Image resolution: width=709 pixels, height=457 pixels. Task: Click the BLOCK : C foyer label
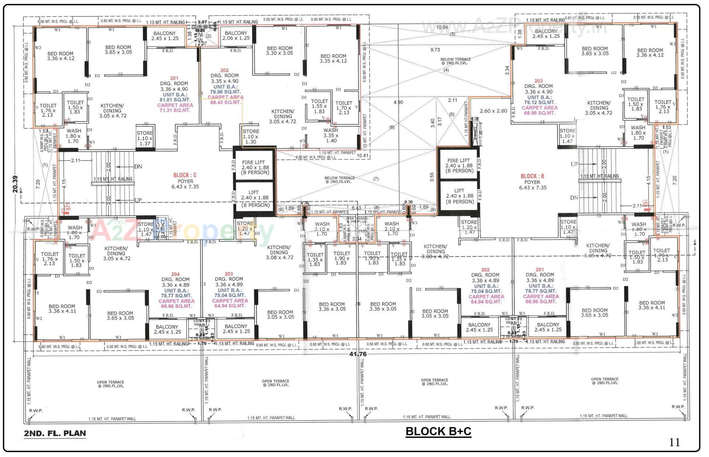(185, 175)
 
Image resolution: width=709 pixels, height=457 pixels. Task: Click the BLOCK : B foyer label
(532, 176)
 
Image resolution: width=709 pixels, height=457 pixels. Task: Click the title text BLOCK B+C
(438, 431)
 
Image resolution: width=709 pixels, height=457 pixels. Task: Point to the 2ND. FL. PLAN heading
(55, 433)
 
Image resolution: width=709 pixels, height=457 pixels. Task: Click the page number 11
(674, 443)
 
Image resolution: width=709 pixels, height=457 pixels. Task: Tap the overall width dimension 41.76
(358, 354)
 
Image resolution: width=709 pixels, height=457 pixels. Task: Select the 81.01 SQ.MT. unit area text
(175, 100)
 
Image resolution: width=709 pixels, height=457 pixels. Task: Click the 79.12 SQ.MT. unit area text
(539, 102)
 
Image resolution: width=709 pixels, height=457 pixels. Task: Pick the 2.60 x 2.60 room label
(493, 111)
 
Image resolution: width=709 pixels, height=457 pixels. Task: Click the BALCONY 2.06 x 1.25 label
(236, 35)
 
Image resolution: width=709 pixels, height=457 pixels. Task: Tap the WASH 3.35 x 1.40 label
(330, 135)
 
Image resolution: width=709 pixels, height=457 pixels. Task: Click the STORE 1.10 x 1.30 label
(251, 136)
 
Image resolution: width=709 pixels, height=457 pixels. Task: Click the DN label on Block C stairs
(138, 167)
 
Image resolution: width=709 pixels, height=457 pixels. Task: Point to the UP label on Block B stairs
(574, 164)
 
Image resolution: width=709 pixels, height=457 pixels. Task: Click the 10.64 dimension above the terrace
(442, 27)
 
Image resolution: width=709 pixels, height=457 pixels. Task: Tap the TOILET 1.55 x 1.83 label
(319, 106)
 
